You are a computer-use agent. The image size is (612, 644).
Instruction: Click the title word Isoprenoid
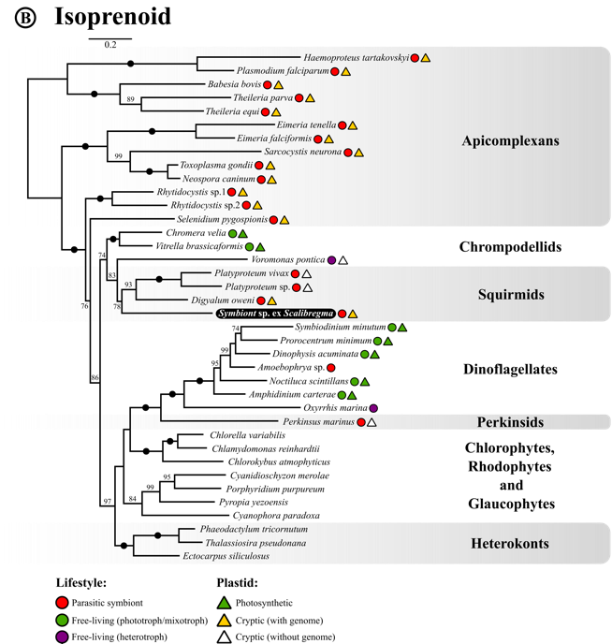coord(113,17)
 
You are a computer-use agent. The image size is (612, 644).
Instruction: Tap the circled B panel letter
coord(25,18)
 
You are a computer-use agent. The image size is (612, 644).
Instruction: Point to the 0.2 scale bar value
coord(110,45)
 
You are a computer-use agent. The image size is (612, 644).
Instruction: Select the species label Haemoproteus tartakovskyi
coord(356,58)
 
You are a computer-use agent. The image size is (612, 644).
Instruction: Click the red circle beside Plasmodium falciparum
coord(335,71)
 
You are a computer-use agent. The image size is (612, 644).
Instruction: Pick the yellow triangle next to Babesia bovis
coord(278,85)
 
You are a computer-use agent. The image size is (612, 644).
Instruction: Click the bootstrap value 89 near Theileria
coord(130,99)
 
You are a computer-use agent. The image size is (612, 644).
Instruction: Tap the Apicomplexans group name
coord(510,140)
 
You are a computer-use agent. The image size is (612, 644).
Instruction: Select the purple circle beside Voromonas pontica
coord(331,260)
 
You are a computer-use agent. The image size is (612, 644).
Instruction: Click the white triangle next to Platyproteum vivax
coord(306,273)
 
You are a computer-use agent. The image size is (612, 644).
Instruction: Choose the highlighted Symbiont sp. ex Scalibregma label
coord(276,314)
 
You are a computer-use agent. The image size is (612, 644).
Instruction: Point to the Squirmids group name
coord(511,295)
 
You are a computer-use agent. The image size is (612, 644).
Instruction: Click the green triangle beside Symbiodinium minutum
coord(402,328)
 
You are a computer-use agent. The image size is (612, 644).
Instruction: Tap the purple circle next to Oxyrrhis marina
coord(373,408)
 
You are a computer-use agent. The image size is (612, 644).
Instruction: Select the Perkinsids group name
coord(510,422)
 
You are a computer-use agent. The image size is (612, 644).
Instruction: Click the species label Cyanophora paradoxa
coord(276,516)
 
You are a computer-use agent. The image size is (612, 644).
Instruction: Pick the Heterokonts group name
coord(510,543)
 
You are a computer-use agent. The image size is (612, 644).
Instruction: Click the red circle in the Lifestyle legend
coord(62,603)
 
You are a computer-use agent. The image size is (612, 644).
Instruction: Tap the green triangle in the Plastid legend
coord(224,603)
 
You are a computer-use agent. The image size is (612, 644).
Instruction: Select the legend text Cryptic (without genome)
coord(285,637)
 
